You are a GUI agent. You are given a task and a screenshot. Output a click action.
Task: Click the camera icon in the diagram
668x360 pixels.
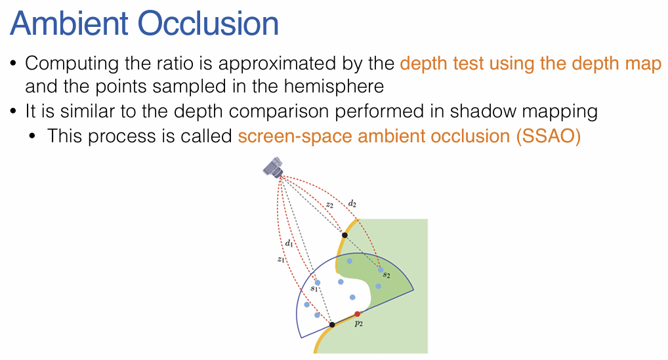click(x=274, y=167)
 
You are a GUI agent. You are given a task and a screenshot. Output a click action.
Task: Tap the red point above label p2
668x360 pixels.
click(x=358, y=314)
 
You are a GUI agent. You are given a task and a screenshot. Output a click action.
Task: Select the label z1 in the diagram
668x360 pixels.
click(x=280, y=259)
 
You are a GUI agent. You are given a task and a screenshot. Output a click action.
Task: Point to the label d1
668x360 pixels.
click(x=289, y=243)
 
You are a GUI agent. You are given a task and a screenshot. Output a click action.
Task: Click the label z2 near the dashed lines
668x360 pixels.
click(x=329, y=205)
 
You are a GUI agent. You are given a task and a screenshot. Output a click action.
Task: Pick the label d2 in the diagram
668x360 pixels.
click(x=352, y=203)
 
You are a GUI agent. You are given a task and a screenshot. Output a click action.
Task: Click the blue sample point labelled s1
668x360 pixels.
click(x=318, y=283)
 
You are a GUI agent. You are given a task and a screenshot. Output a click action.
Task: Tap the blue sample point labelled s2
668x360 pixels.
click(x=381, y=270)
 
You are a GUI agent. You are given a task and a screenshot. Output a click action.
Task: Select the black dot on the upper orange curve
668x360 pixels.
click(x=344, y=235)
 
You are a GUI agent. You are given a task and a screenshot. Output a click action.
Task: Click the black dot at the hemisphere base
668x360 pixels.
click(x=332, y=325)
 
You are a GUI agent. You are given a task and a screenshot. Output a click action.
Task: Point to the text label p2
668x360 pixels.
click(x=359, y=324)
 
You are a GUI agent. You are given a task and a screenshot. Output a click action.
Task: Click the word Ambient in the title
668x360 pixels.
click(x=70, y=23)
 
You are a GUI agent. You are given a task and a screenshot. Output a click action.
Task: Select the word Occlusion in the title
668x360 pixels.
click(x=209, y=23)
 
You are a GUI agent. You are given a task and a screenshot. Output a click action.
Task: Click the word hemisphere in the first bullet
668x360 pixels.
click(x=333, y=87)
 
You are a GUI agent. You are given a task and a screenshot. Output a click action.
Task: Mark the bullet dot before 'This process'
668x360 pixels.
click(x=33, y=136)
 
